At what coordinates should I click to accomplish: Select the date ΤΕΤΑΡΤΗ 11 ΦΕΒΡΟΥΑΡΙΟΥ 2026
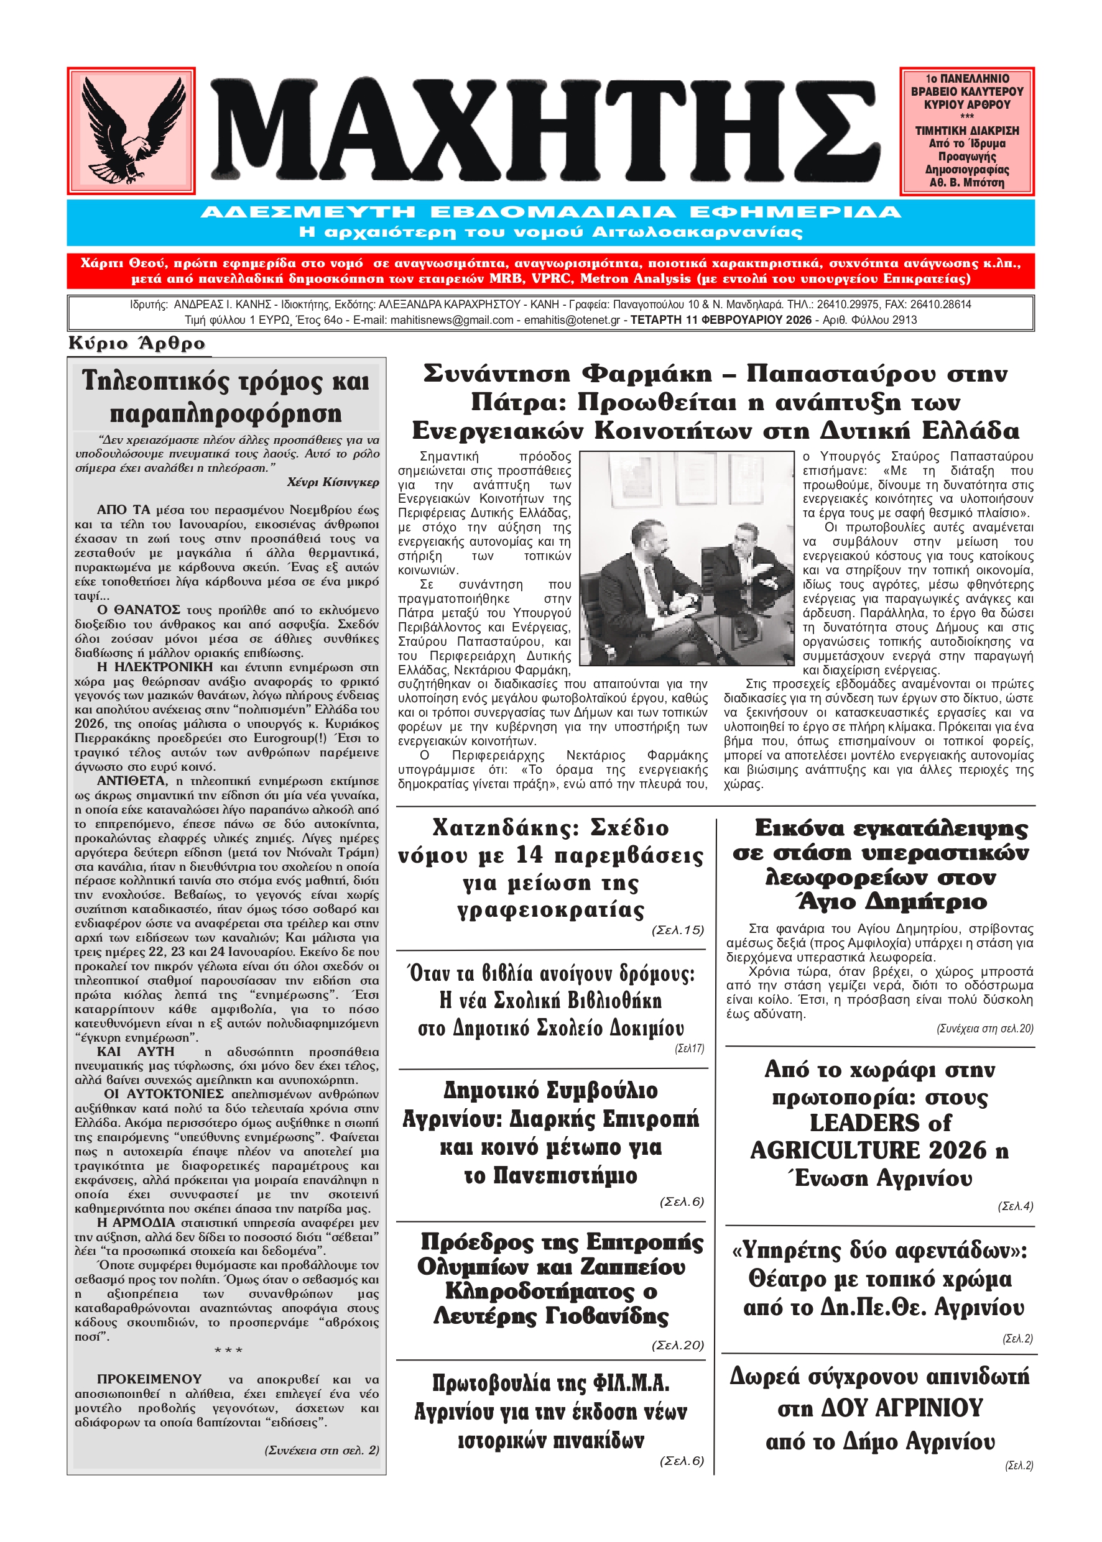(x=721, y=320)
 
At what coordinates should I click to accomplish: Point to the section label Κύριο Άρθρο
(x=137, y=343)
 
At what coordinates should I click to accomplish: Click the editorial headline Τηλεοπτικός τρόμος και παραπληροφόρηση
(x=226, y=397)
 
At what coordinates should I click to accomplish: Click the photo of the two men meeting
(x=687, y=558)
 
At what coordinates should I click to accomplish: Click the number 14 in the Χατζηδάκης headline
(x=530, y=855)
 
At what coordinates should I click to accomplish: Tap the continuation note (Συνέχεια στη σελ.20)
(x=984, y=1029)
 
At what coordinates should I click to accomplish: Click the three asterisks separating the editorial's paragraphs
(x=228, y=1351)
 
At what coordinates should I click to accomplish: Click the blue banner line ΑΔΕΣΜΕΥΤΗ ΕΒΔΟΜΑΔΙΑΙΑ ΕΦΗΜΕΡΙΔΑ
(x=550, y=212)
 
